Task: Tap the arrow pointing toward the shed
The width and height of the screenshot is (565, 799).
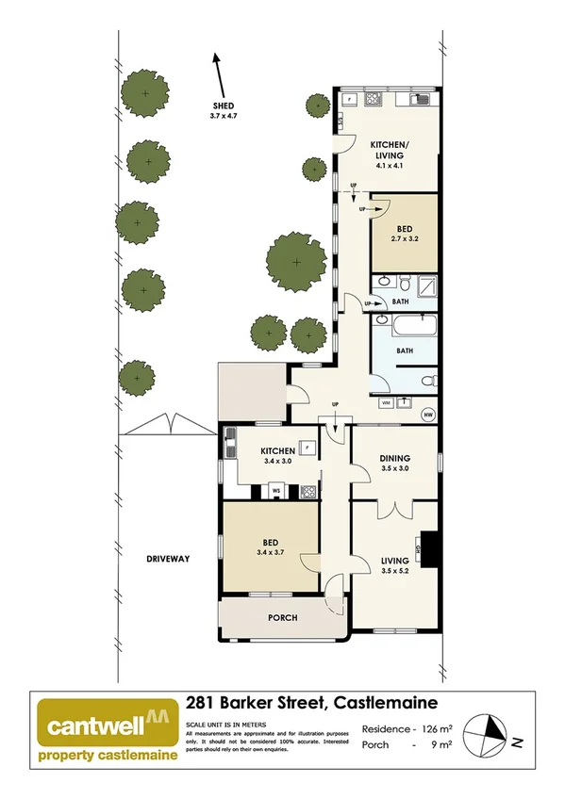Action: pos(220,71)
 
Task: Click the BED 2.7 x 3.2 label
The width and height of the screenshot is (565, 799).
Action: pos(405,234)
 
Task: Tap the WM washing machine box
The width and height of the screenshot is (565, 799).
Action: pos(385,401)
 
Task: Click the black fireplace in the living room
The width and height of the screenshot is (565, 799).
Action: pos(430,549)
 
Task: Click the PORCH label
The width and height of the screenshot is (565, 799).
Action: pos(282,618)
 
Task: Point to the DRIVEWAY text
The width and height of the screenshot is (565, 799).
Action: pos(169,559)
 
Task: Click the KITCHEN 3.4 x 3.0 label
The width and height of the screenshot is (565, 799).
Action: pos(272,457)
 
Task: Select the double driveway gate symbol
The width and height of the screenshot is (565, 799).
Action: pos(169,425)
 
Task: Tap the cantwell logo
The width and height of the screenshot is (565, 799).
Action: pos(104,727)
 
